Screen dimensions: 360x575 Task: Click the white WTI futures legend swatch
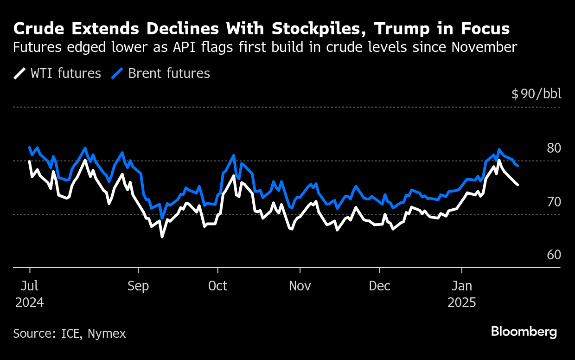(x=19, y=73)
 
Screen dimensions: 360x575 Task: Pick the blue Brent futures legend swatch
(x=117, y=73)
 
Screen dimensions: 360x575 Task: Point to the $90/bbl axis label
(x=536, y=94)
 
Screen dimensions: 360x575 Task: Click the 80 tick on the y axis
(x=554, y=148)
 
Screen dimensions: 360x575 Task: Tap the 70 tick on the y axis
(x=554, y=202)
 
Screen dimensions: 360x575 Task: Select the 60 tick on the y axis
(x=554, y=255)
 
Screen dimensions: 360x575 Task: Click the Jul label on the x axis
(x=30, y=286)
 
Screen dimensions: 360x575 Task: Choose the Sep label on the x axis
(x=138, y=286)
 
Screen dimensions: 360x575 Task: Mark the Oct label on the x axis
(x=217, y=286)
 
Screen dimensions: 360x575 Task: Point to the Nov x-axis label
(x=300, y=286)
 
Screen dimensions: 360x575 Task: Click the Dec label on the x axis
(x=380, y=286)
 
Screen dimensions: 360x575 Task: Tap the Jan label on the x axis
(x=462, y=286)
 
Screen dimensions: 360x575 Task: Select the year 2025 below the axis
(x=462, y=303)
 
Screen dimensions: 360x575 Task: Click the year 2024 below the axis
(x=30, y=303)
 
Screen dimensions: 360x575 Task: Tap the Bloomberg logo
(x=524, y=332)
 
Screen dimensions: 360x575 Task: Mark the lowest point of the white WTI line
(x=162, y=237)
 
